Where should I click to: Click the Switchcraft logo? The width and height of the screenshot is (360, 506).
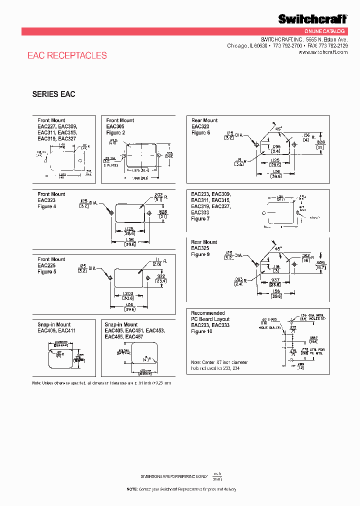click(312, 19)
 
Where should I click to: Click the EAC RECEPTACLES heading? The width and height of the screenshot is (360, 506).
click(67, 55)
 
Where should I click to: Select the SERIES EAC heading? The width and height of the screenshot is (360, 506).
click(53, 94)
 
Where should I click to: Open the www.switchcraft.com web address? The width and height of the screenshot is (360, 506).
click(326, 52)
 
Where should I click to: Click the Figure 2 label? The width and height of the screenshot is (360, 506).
click(116, 132)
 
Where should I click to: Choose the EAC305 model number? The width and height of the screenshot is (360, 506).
click(115, 126)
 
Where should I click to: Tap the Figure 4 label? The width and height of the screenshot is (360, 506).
click(47, 206)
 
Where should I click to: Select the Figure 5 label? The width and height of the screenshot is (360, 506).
click(47, 271)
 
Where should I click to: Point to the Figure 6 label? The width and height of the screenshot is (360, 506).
click(200, 132)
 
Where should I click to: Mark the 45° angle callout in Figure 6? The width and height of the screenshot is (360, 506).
click(278, 128)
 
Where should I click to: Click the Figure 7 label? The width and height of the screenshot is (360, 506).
click(200, 218)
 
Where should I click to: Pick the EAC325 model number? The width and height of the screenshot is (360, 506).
click(200, 248)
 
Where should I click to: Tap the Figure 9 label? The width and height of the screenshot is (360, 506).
click(200, 254)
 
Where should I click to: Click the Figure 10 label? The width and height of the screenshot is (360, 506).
click(202, 331)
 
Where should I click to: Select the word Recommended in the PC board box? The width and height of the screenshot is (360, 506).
click(208, 313)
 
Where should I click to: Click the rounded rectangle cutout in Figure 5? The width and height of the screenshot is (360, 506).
click(127, 277)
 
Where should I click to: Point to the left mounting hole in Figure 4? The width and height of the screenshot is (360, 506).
click(110, 212)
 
